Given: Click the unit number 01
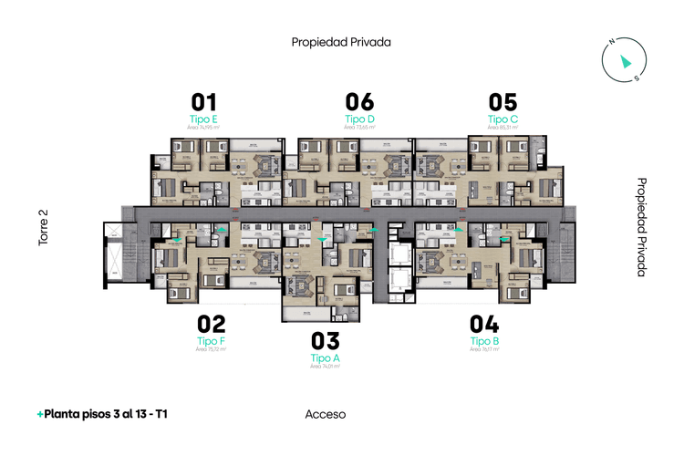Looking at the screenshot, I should click(x=203, y=101).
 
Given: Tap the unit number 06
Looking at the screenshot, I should click(x=359, y=101).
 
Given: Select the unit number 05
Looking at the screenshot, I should click(x=503, y=101).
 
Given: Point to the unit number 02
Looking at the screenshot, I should click(x=211, y=323).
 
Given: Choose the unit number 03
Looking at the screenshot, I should click(x=325, y=341).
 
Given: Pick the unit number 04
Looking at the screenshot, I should click(x=484, y=323).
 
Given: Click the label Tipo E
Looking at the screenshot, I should click(x=203, y=119).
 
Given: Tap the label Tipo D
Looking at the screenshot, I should click(x=359, y=119).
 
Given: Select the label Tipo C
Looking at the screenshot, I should click(x=503, y=119).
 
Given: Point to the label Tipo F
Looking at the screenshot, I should click(x=211, y=340).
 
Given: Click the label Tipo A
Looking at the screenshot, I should click(x=325, y=358).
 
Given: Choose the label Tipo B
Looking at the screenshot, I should click(x=484, y=340).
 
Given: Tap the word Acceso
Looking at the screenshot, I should click(x=326, y=414).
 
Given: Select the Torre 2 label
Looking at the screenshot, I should click(x=43, y=228).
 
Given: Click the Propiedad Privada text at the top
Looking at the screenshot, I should click(x=341, y=42).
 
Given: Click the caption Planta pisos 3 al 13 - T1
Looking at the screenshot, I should click(x=103, y=414).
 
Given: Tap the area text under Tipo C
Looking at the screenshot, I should click(x=503, y=128).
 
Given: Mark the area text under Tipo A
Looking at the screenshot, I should click(x=325, y=367).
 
